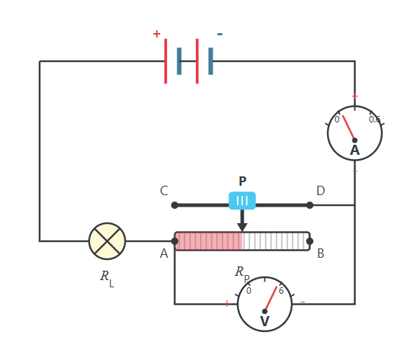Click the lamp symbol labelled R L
pyautogui.click(x=107, y=241)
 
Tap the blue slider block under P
pyautogui.click(x=242, y=200)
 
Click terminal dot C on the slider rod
pyautogui.click(x=174, y=205)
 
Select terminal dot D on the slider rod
pyautogui.click(x=310, y=205)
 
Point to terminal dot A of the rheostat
pyautogui.click(x=174, y=241)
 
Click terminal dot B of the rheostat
pyautogui.click(x=310, y=241)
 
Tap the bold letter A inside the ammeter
pyautogui.click(x=355, y=150)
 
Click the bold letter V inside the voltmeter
pyautogui.click(x=264, y=321)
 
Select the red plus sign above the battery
pyautogui.click(x=156, y=34)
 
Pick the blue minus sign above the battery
pyautogui.click(x=220, y=34)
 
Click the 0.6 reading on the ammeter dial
pyautogui.click(x=375, y=120)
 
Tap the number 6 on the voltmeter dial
pyautogui.click(x=281, y=291)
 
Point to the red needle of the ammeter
pyautogui.click(x=349, y=127)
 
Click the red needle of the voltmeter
pyautogui.click(x=271, y=299)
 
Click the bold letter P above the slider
pyautogui.click(x=242, y=181)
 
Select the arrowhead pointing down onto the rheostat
pyautogui.click(x=242, y=228)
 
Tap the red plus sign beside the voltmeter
pyautogui.click(x=227, y=304)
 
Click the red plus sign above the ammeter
pyautogui.click(x=354, y=96)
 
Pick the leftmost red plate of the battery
pyautogui.click(x=166, y=61)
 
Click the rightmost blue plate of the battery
pyautogui.click(x=211, y=61)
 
